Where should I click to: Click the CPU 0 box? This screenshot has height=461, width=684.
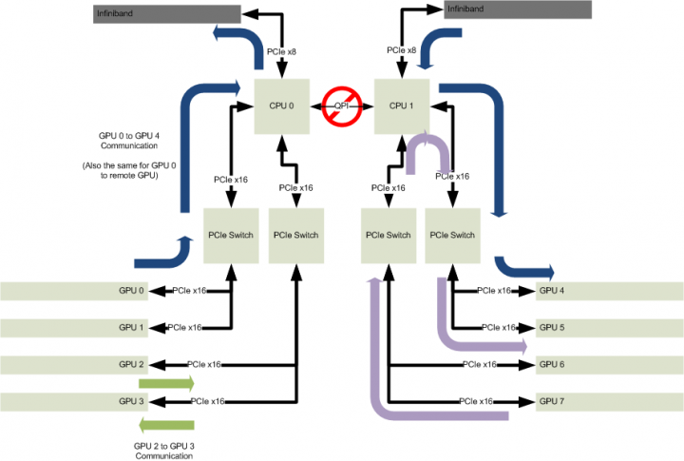283,106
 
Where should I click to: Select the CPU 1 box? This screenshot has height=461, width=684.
403,106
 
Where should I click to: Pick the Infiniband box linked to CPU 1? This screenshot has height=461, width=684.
519,10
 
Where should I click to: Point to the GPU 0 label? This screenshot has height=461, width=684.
132,291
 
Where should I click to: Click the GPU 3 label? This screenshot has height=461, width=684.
132,401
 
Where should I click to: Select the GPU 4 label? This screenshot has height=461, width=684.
551,291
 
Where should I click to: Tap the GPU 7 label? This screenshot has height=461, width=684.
551,401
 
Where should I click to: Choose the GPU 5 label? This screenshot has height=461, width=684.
551,328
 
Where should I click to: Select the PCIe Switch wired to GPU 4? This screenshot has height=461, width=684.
450,235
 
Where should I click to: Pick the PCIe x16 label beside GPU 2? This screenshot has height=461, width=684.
204,365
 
